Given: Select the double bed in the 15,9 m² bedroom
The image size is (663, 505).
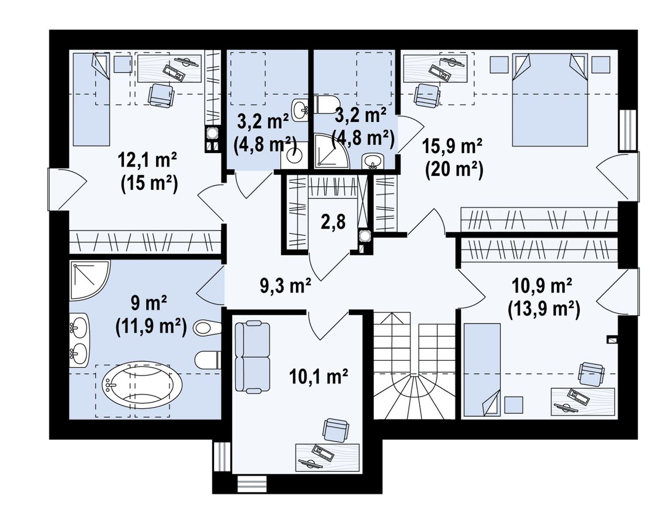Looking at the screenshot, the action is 549,100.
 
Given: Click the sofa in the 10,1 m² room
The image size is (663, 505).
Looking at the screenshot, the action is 252,357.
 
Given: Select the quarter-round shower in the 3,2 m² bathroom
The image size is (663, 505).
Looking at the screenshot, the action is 331,151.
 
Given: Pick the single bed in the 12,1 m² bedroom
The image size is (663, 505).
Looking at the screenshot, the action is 91,100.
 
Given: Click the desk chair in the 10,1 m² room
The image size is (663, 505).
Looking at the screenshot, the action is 336,430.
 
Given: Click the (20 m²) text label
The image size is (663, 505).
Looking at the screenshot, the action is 454,171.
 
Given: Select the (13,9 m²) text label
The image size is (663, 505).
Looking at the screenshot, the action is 544,310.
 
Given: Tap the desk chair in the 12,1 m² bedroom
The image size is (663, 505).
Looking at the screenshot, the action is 161,95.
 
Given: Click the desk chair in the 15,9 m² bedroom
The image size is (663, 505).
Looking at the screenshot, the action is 427,95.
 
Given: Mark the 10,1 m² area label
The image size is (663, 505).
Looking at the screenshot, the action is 319,376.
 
